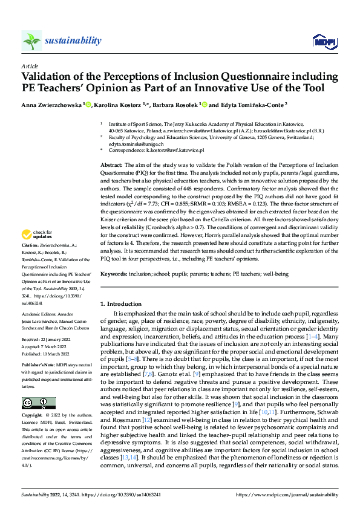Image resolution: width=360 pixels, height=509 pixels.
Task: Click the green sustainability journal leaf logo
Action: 32,41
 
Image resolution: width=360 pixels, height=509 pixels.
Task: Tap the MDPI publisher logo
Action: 324,41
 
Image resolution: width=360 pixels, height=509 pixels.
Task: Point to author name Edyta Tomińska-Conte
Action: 250,104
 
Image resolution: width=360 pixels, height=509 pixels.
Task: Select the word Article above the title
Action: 30,65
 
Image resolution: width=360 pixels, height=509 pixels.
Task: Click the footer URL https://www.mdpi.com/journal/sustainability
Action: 290,494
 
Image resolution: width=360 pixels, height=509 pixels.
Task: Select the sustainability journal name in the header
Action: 73,41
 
